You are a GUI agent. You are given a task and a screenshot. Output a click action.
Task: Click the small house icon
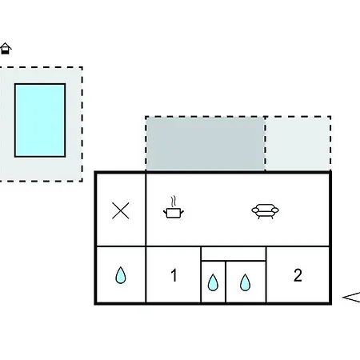(6, 49)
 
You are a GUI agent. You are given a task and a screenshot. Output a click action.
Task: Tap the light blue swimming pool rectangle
(40, 120)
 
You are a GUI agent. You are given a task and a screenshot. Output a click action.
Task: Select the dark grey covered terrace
(206, 144)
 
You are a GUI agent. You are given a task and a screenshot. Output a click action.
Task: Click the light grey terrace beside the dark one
(298, 144)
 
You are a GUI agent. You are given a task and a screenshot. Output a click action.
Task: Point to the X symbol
(121, 210)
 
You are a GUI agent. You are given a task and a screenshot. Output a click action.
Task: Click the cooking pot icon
(174, 213)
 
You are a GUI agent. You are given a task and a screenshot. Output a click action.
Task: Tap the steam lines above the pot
(174, 202)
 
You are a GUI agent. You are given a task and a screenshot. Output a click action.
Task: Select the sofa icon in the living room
(265, 211)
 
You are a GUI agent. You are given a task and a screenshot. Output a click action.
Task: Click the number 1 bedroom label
(174, 275)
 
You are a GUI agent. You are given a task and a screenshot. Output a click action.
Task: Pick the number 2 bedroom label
(298, 275)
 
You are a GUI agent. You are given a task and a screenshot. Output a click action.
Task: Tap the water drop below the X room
(121, 275)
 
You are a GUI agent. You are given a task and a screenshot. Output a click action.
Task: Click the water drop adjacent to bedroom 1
(213, 282)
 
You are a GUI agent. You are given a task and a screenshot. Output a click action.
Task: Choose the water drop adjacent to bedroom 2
(245, 282)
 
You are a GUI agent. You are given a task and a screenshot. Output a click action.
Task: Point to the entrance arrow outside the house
(351, 297)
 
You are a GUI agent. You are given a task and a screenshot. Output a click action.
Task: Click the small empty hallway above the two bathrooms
(234, 254)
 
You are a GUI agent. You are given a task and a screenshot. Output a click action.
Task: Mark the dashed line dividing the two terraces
(265, 144)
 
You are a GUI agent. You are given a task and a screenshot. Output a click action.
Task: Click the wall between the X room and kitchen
(146, 210)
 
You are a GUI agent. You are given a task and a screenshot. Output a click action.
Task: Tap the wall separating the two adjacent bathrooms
(226, 282)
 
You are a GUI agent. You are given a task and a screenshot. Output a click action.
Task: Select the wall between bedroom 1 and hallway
(201, 274)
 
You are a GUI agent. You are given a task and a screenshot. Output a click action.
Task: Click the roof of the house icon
(6, 46)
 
